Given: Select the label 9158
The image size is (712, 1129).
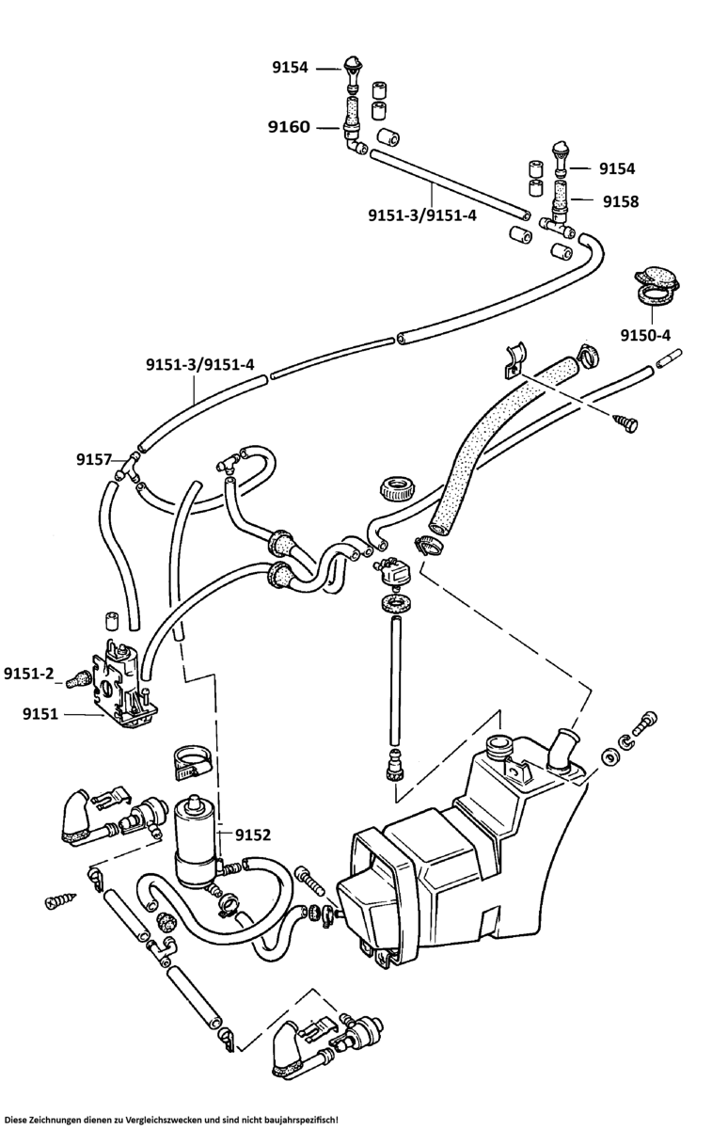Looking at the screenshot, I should tap(620, 200).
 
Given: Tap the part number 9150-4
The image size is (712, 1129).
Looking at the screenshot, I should tap(645, 335).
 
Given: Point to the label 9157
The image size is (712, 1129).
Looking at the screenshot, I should tap(94, 459).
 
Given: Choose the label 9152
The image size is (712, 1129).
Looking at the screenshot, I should tap(253, 834).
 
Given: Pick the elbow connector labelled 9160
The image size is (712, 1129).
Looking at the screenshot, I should tap(353, 144).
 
